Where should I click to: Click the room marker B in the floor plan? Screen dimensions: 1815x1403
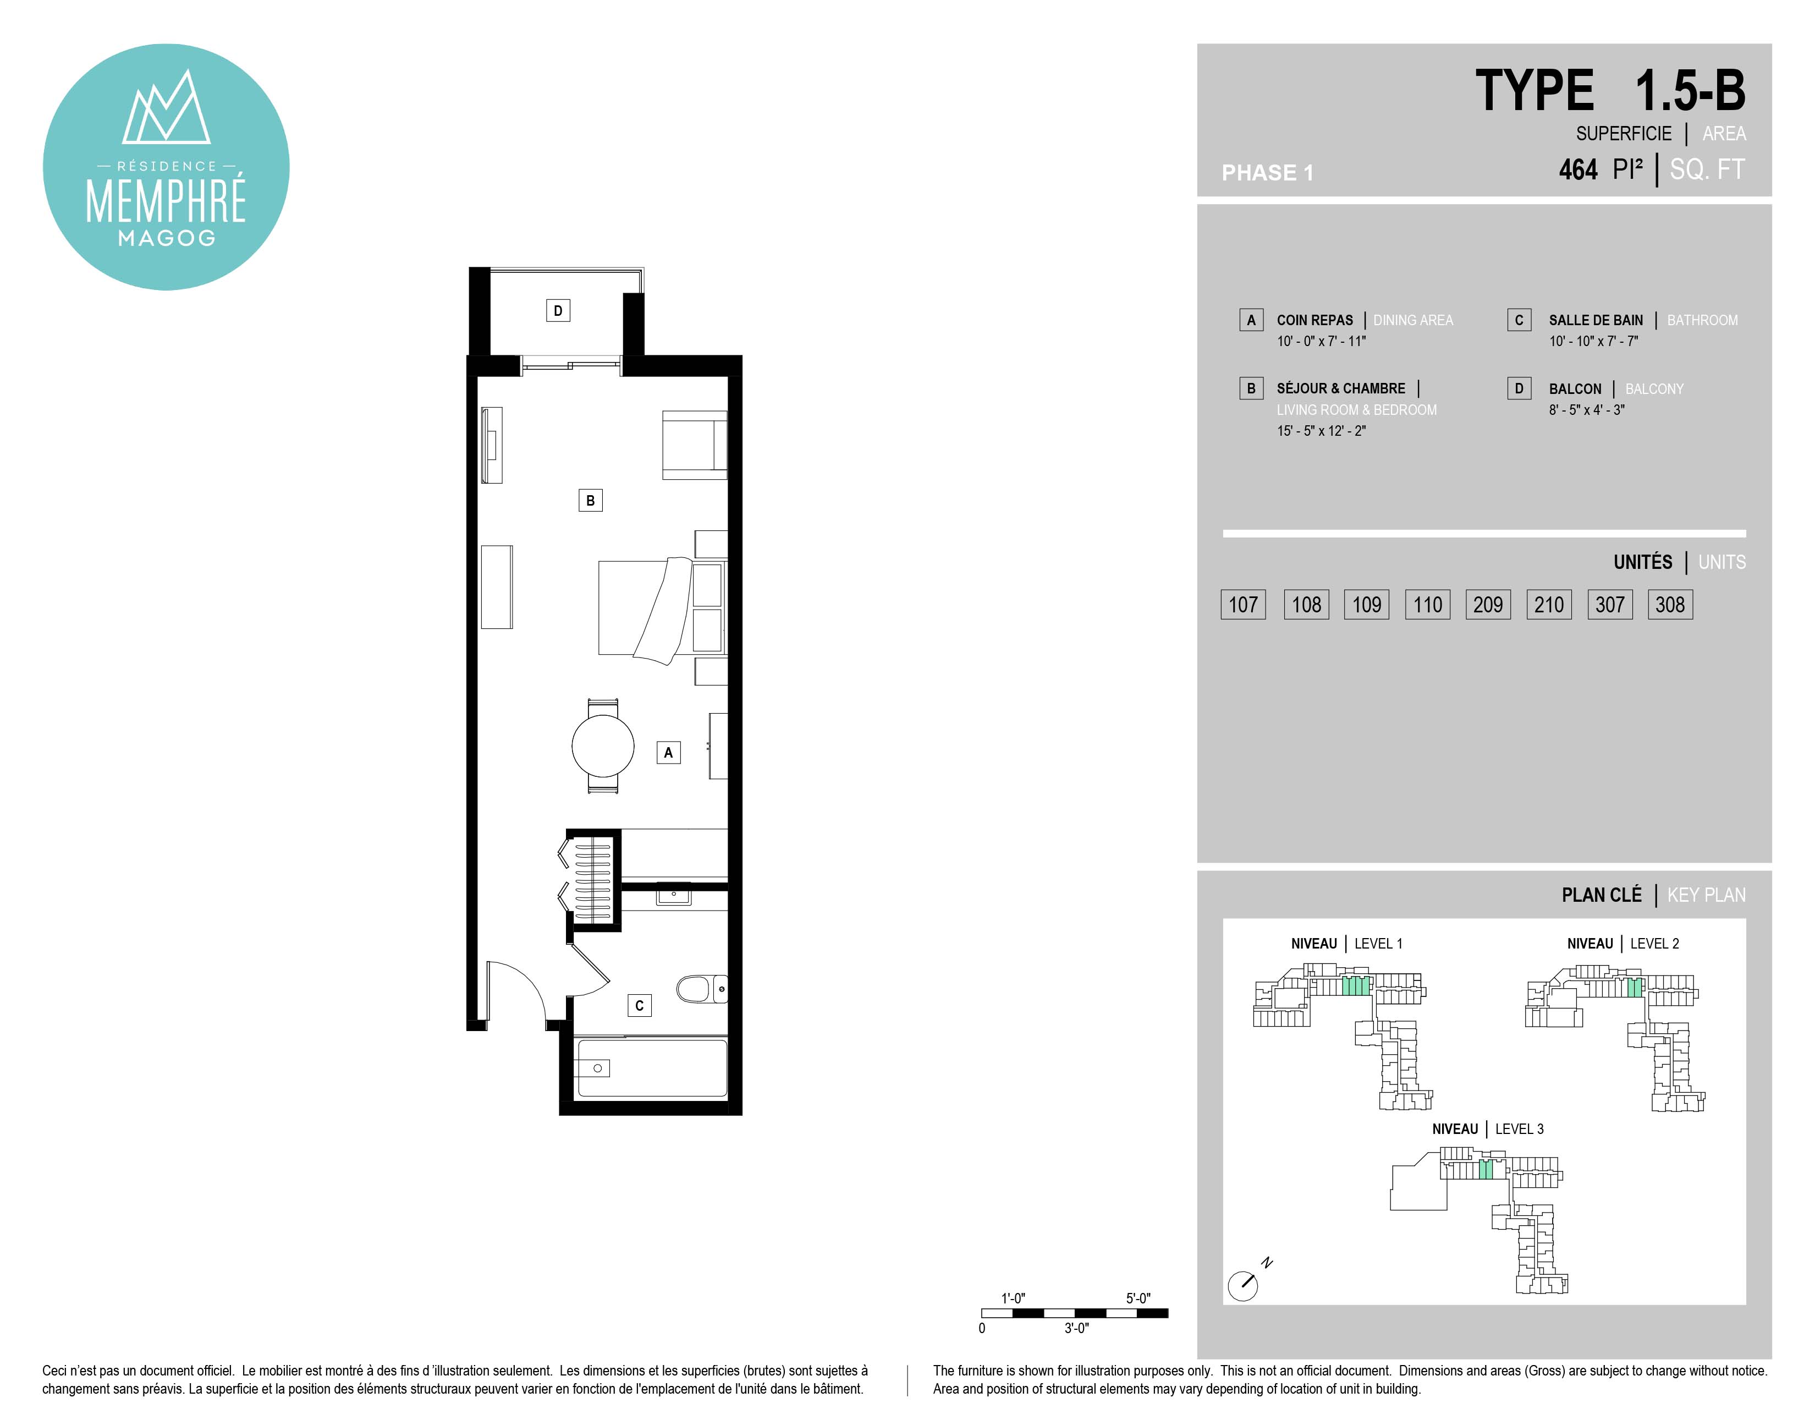click(590, 500)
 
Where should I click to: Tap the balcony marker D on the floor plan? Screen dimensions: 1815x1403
click(558, 311)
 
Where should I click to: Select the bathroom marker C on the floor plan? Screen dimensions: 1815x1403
click(639, 1006)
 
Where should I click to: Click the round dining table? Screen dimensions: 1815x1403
click(602, 746)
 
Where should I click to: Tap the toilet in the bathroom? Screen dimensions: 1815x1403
click(701, 989)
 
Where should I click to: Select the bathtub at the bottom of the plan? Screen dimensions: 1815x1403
click(652, 1068)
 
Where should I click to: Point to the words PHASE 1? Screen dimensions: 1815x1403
click(1267, 173)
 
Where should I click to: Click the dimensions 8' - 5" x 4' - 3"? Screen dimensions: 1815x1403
click(1586, 410)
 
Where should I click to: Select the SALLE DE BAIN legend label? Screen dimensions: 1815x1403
click(1596, 320)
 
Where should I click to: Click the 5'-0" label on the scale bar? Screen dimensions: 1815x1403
click(1138, 1298)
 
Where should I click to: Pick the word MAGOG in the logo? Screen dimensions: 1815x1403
click(166, 239)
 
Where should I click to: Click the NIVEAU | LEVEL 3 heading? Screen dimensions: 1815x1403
click(1488, 1128)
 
